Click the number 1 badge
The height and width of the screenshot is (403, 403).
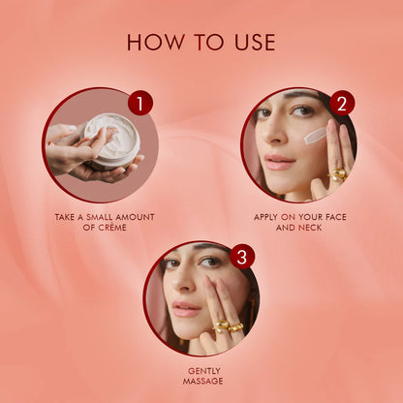(140, 103)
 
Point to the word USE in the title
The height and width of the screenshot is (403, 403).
(253, 43)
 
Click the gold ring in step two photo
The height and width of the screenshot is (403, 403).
(338, 175)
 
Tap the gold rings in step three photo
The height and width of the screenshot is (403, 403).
(228, 326)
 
